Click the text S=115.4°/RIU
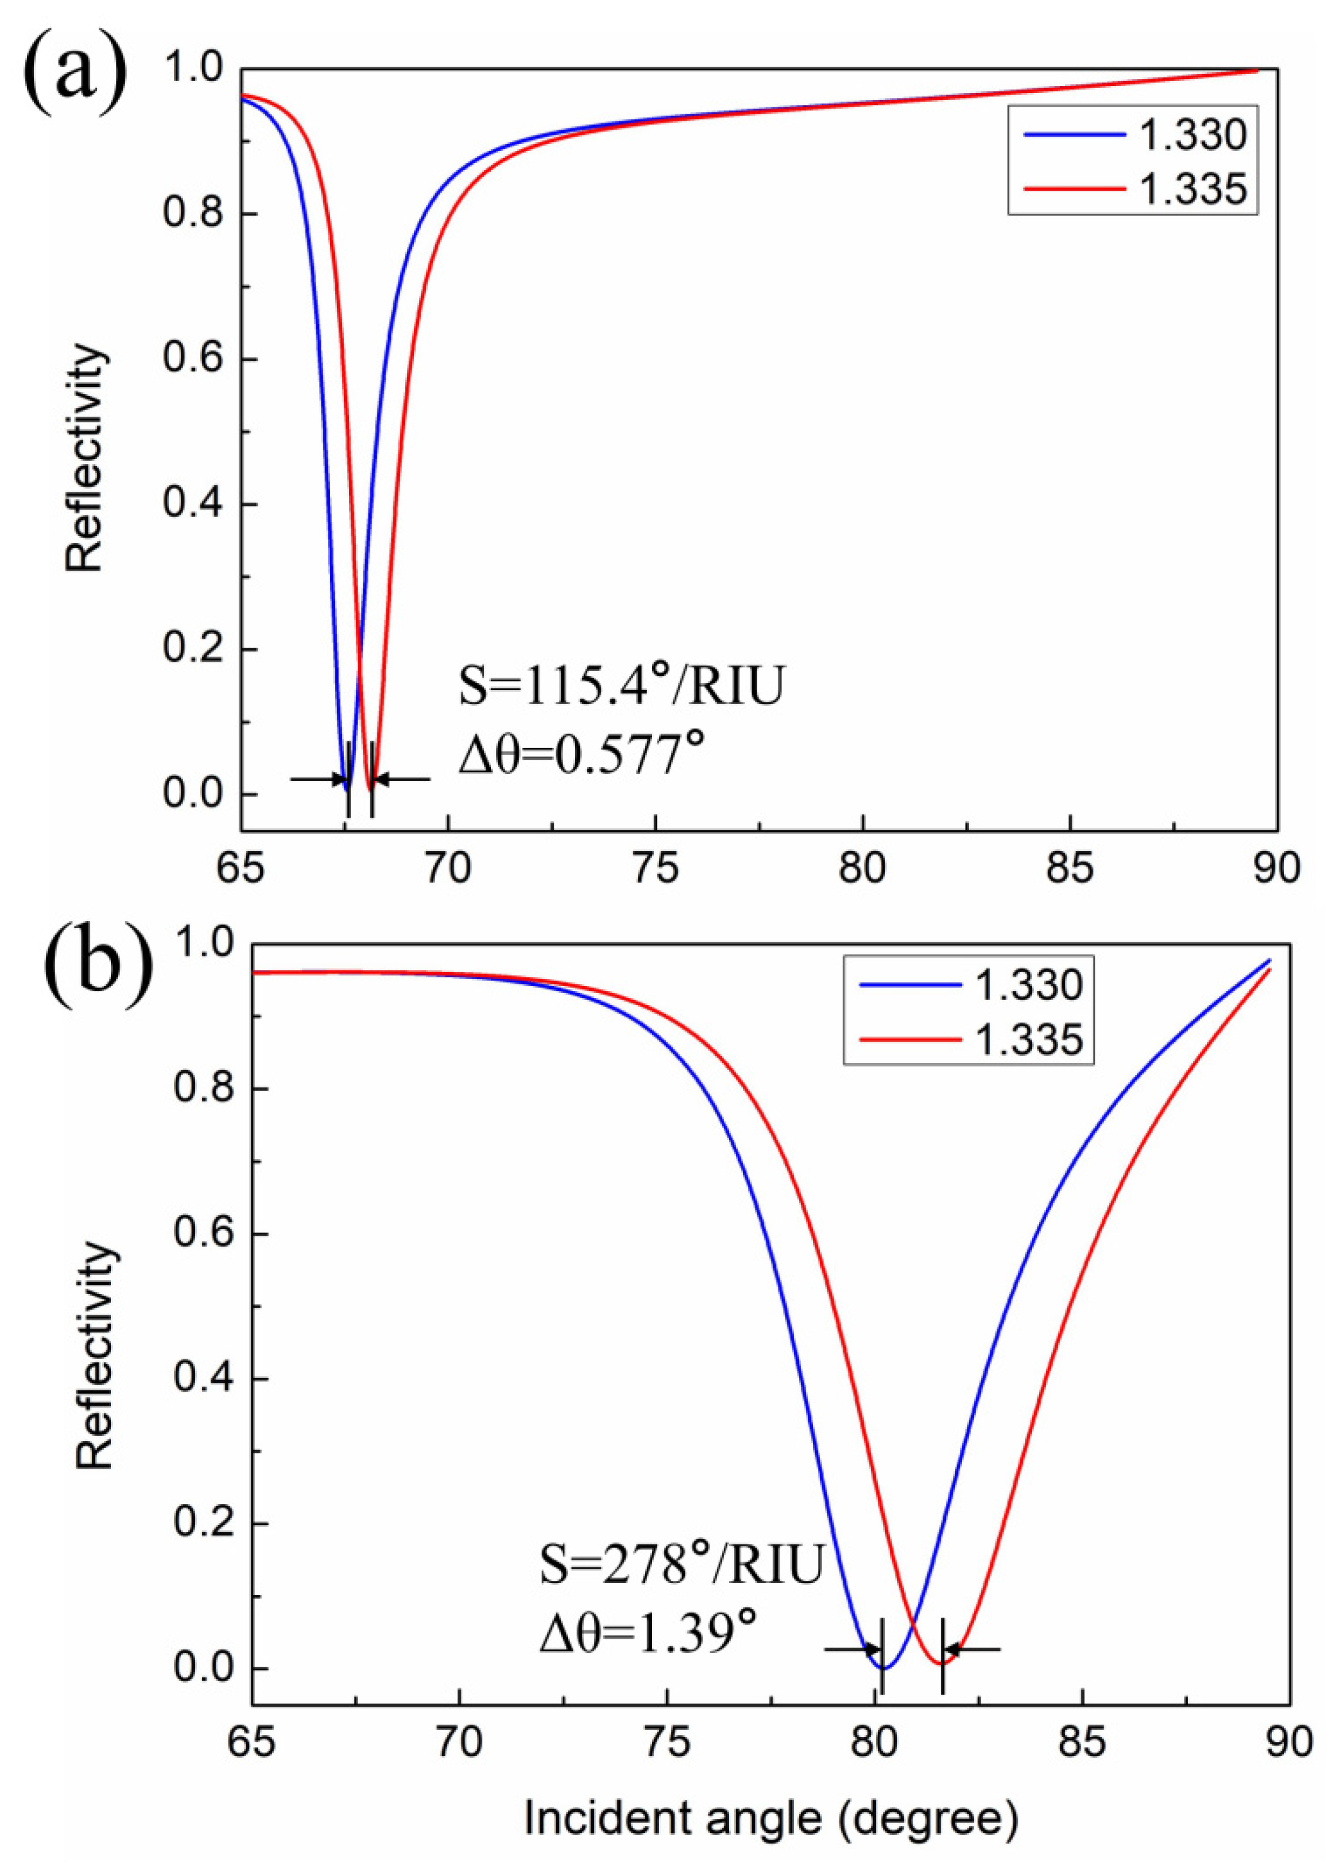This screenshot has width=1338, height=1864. click(x=621, y=687)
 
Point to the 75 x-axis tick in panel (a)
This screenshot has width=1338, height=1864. click(x=655, y=870)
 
